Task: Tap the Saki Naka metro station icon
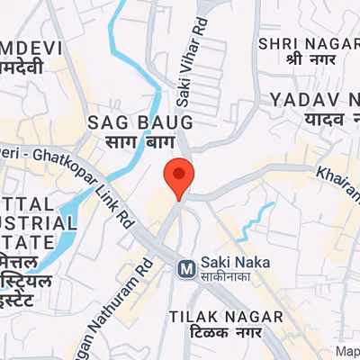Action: coord(187,267)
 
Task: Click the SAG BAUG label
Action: coord(139,121)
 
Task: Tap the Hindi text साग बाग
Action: coord(139,141)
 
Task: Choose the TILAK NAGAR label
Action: coord(226,316)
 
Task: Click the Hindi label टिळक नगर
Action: coord(226,334)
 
